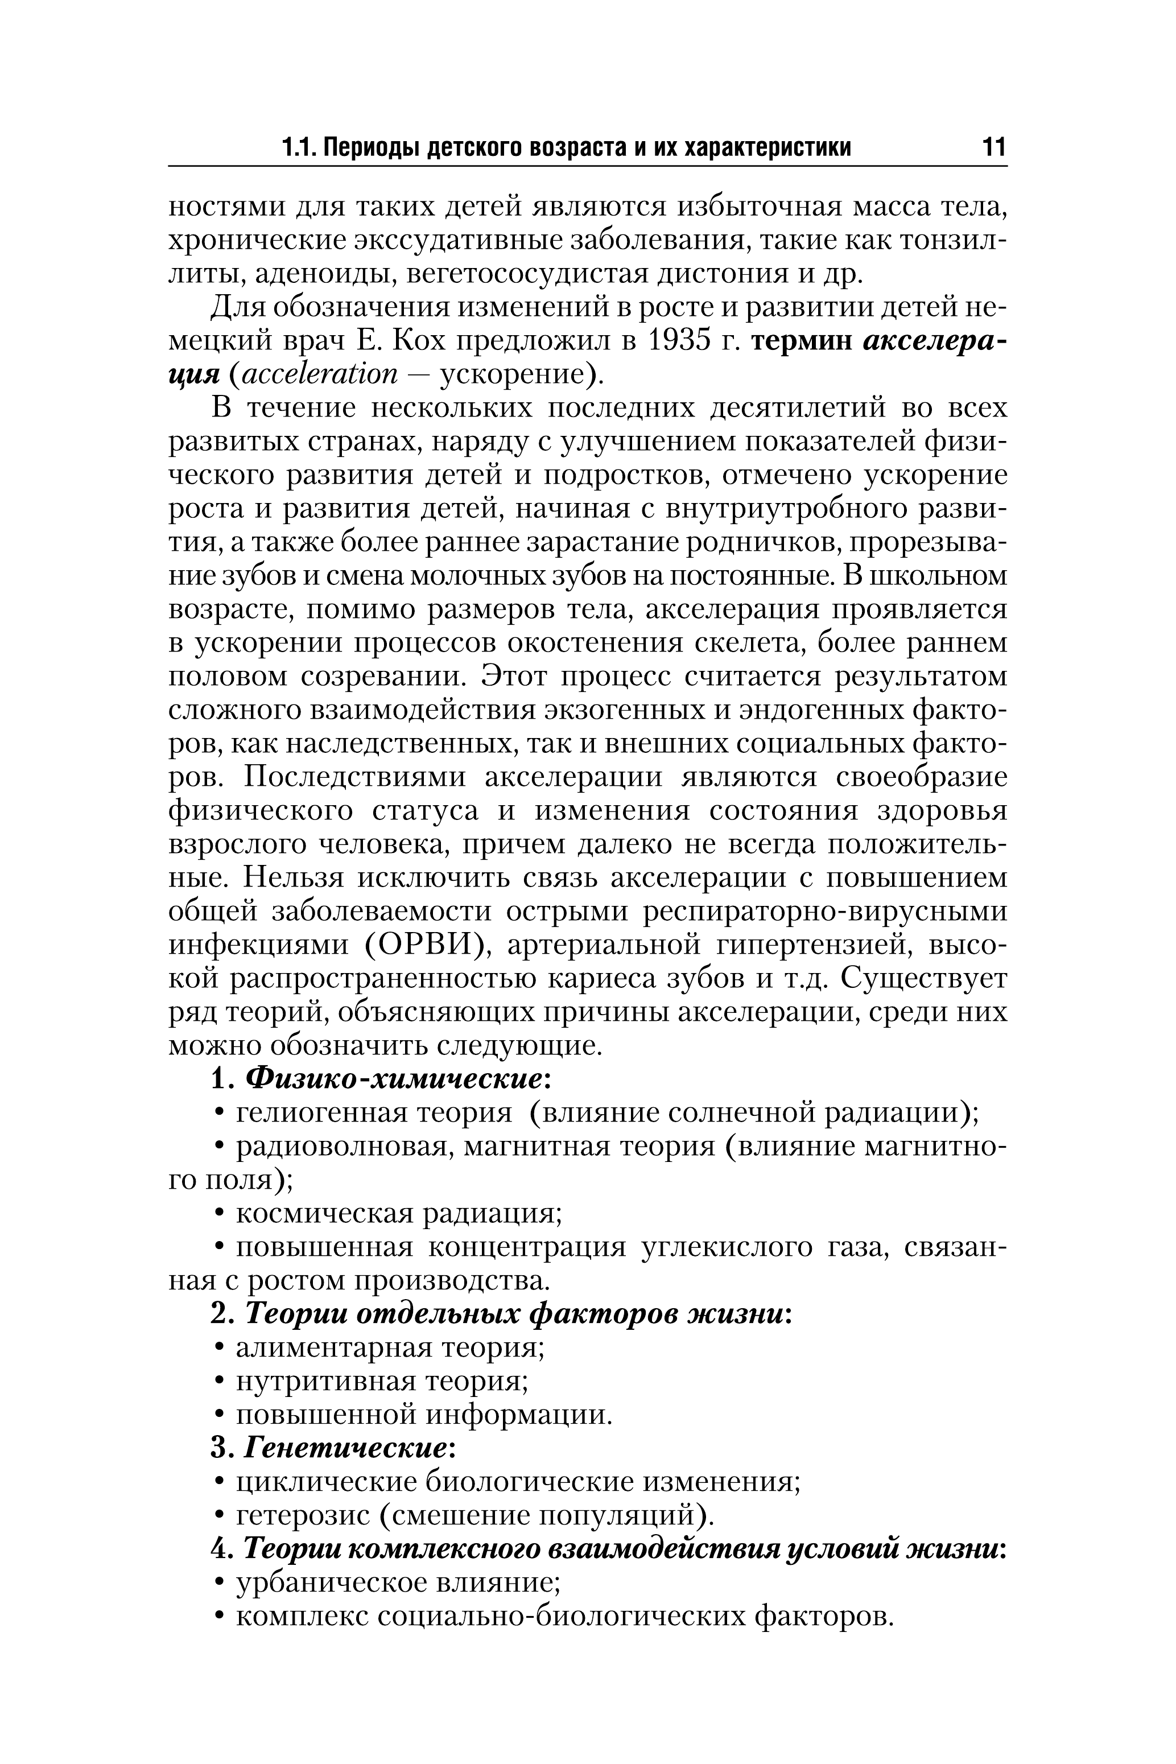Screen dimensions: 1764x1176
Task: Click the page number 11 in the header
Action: coord(992,146)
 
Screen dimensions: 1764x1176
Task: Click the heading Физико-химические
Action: coord(393,1079)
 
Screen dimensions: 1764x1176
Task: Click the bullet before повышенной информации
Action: coord(219,1415)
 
